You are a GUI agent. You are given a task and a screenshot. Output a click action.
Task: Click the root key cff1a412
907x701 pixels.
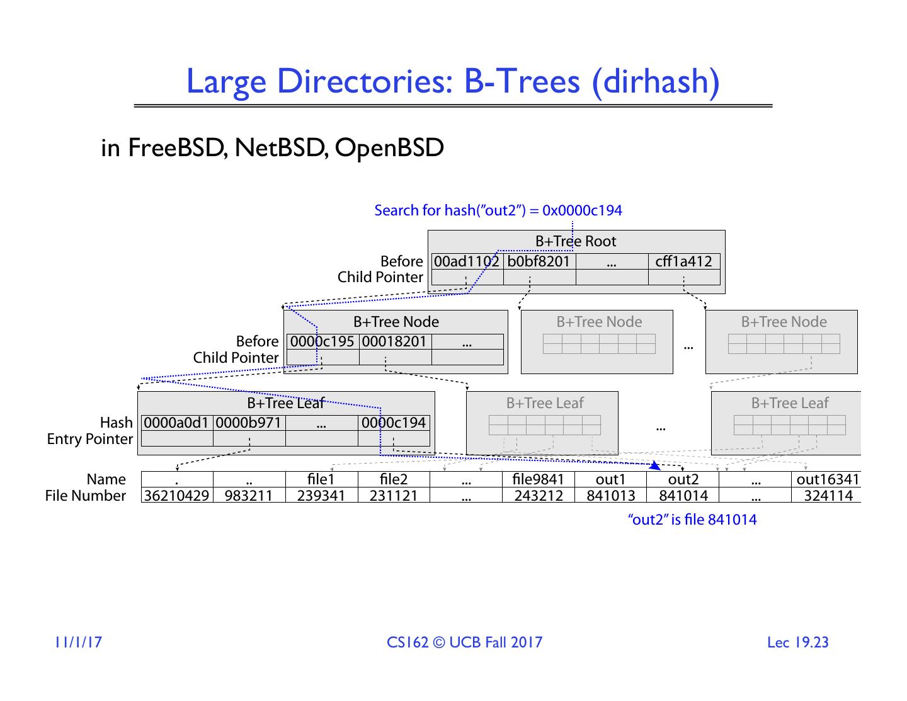pyautogui.click(x=683, y=261)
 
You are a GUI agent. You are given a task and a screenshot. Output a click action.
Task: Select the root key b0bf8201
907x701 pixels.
pyautogui.click(x=539, y=261)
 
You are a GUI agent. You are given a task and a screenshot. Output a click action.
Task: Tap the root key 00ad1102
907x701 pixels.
pyautogui.click(x=467, y=261)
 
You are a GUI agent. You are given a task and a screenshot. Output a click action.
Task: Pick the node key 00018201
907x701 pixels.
pyautogui.click(x=395, y=341)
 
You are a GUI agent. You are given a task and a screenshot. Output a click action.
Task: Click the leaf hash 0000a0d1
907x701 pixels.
pyautogui.click(x=176, y=423)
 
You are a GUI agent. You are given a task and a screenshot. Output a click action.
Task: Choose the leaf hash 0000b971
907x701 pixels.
pyautogui.click(x=249, y=423)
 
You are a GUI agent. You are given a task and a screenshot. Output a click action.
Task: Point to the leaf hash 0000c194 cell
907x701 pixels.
pyautogui.click(x=394, y=423)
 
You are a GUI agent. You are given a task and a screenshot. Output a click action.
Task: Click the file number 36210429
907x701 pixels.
pyautogui.click(x=176, y=496)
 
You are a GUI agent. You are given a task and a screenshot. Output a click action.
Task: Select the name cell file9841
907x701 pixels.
pyautogui.click(x=539, y=480)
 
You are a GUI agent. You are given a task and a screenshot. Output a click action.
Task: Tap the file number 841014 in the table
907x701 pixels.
pyautogui.click(x=683, y=496)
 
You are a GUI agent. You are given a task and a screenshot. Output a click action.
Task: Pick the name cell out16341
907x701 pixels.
pyautogui.click(x=828, y=480)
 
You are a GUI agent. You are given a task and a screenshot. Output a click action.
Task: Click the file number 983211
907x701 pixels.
pyautogui.click(x=249, y=496)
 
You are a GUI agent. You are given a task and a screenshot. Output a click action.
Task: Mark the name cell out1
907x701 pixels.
pyautogui.click(x=611, y=480)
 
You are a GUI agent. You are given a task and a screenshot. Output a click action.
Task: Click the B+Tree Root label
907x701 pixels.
pyautogui.click(x=576, y=241)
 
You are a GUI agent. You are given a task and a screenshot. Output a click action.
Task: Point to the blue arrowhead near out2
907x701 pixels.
pyautogui.click(x=656, y=466)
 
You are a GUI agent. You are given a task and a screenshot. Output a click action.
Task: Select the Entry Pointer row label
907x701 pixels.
pyautogui.click(x=90, y=439)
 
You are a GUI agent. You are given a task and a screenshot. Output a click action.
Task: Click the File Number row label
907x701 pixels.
pyautogui.click(x=86, y=496)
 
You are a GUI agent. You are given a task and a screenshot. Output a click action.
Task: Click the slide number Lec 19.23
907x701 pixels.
pyautogui.click(x=797, y=642)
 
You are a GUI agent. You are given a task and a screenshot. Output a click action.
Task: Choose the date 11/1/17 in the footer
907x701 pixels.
pyautogui.click(x=78, y=642)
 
